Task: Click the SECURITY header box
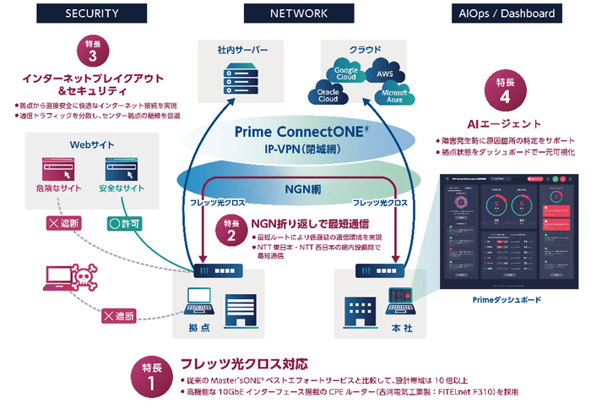coord(94,14)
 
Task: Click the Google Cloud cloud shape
coord(346,73)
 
